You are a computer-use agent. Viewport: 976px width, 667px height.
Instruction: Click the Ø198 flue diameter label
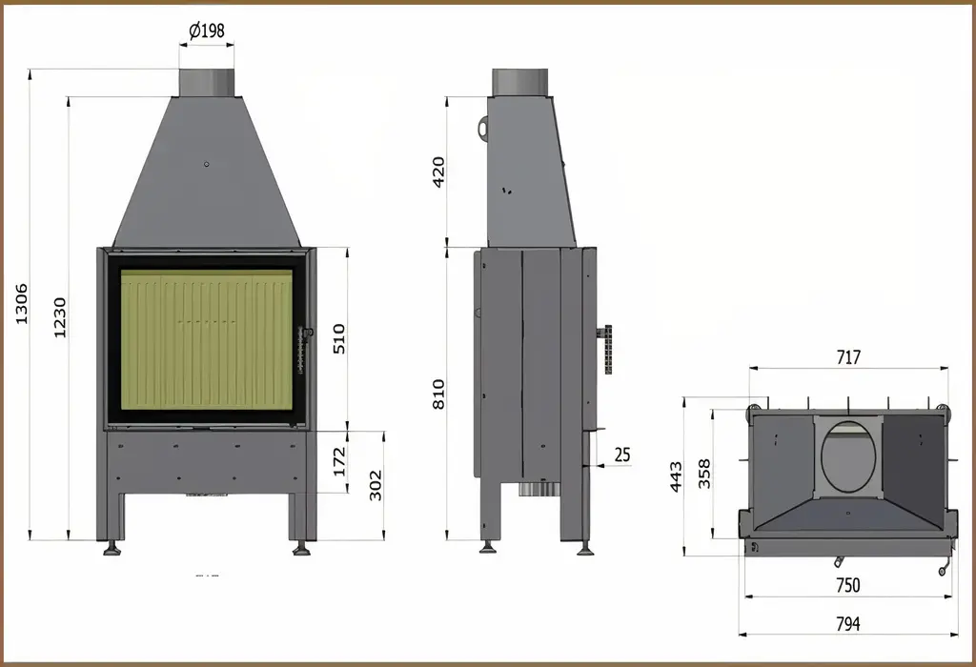pos(206,30)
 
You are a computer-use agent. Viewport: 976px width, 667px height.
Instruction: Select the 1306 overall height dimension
pos(22,304)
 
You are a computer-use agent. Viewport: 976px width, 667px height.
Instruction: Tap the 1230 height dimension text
pos(59,318)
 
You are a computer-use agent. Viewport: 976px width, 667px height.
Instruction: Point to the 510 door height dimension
pos(339,338)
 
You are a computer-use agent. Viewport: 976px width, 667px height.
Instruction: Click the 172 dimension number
pos(339,462)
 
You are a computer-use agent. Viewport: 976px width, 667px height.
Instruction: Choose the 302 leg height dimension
pos(376,485)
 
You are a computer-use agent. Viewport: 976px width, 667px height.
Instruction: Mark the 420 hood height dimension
pos(438,172)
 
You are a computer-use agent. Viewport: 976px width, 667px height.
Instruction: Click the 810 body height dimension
pos(438,394)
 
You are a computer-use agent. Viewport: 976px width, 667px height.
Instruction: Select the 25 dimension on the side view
pos(622,455)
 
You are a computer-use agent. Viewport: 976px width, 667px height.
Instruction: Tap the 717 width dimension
pos(848,357)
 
